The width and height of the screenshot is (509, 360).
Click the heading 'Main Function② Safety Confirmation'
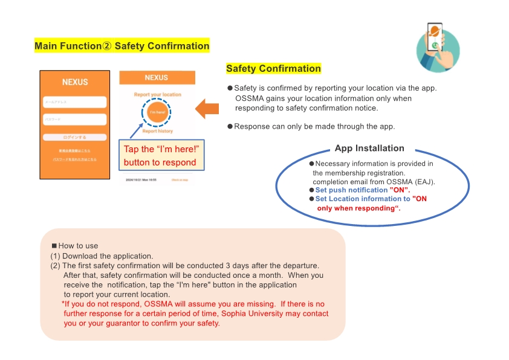[122, 46]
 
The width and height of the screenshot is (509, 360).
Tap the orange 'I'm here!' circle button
[157, 112]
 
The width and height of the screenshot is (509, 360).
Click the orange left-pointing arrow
[207, 109]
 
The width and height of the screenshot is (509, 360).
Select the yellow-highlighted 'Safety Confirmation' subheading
[273, 68]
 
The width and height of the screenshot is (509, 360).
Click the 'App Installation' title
[369, 148]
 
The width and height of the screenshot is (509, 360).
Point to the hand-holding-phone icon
[438, 47]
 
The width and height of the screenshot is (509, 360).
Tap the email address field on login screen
[75, 102]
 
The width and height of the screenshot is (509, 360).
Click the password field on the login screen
[75, 120]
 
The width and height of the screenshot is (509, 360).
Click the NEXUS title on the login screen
[75, 82]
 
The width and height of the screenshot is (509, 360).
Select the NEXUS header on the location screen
[157, 78]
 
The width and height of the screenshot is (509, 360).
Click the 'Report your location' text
[157, 95]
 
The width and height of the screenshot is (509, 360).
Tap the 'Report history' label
[157, 131]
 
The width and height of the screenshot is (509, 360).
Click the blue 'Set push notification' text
[351, 190]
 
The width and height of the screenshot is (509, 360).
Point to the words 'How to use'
[78, 246]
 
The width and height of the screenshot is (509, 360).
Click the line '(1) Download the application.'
[102, 256]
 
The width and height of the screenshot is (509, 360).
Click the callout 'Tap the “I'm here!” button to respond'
[161, 156]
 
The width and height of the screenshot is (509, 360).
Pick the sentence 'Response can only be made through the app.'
[314, 126]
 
